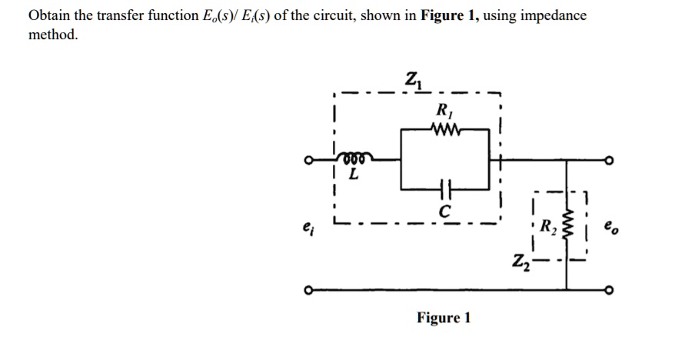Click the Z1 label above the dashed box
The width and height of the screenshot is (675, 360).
pos(412,79)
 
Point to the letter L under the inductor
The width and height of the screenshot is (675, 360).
pos(353,175)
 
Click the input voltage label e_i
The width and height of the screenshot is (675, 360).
pos(309,228)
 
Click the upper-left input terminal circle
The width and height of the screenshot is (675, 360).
pos(308,162)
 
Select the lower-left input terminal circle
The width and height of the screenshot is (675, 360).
pos(308,290)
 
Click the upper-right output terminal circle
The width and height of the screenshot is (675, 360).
pos(610,162)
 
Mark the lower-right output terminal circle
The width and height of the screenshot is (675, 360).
pos(610,290)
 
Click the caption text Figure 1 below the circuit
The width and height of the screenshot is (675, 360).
pos(443,318)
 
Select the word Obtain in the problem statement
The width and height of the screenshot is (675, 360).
pos(48,16)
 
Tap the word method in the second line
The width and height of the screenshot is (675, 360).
pos(53,35)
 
